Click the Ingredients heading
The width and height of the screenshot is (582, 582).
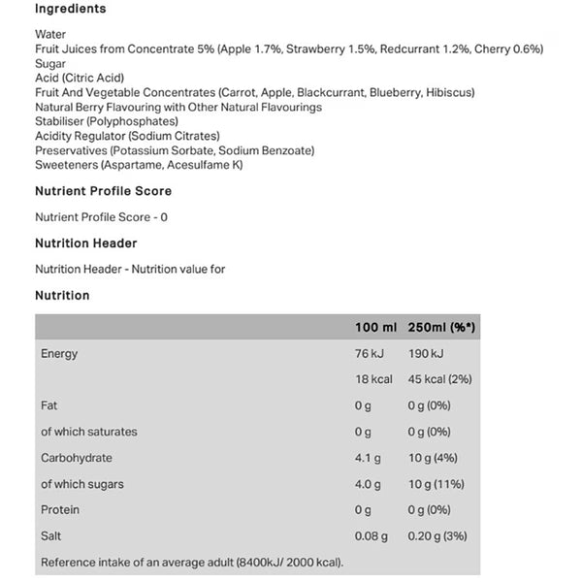(x=71, y=9)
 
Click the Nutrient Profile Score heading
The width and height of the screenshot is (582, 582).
(x=103, y=191)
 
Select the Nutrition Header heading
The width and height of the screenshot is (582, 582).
(x=85, y=243)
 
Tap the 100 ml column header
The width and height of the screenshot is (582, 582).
(x=374, y=328)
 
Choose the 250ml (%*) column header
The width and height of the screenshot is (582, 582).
(x=441, y=328)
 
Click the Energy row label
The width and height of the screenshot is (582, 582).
(x=59, y=354)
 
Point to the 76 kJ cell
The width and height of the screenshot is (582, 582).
(x=371, y=354)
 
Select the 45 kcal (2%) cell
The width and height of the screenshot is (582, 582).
(x=439, y=379)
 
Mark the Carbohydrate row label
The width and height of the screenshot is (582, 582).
(x=77, y=458)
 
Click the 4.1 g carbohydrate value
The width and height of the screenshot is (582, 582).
(x=368, y=458)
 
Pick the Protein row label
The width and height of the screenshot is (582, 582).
(x=60, y=510)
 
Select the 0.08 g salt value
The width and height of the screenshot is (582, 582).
(x=372, y=536)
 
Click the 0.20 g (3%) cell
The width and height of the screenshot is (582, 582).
(x=441, y=536)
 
